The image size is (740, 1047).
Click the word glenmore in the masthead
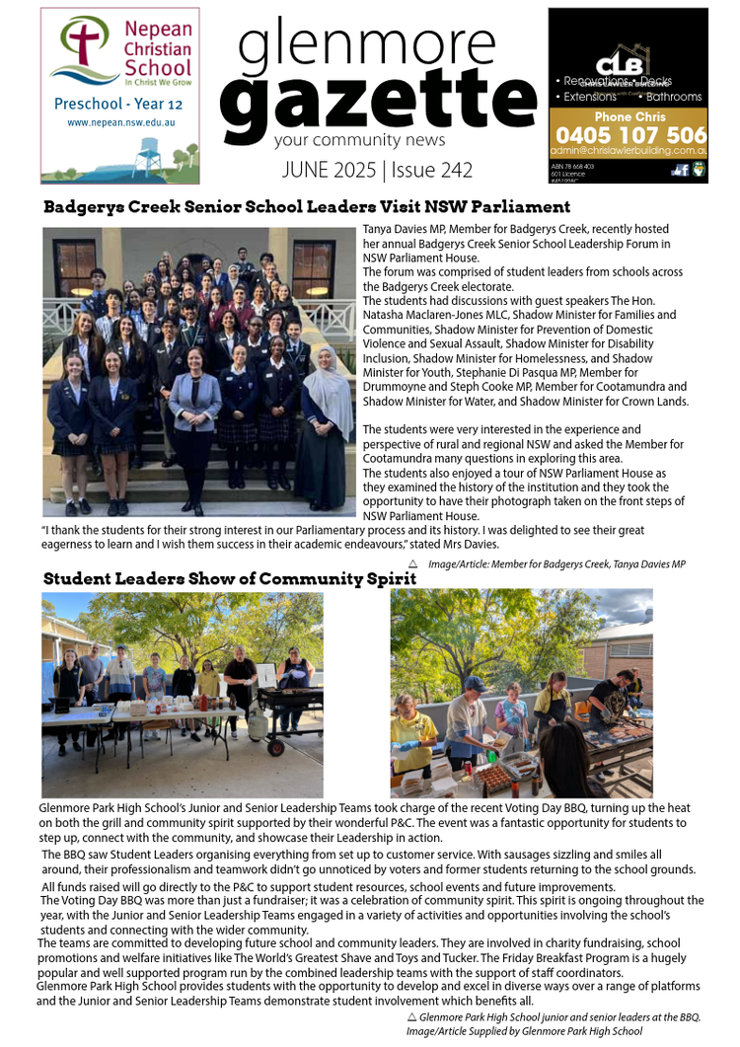[x=366, y=44]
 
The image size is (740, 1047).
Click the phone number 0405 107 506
[x=629, y=135]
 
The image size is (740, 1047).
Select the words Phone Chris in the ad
[x=629, y=116]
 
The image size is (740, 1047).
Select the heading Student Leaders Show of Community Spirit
[x=229, y=579]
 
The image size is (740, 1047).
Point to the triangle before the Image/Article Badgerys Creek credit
[x=412, y=563]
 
